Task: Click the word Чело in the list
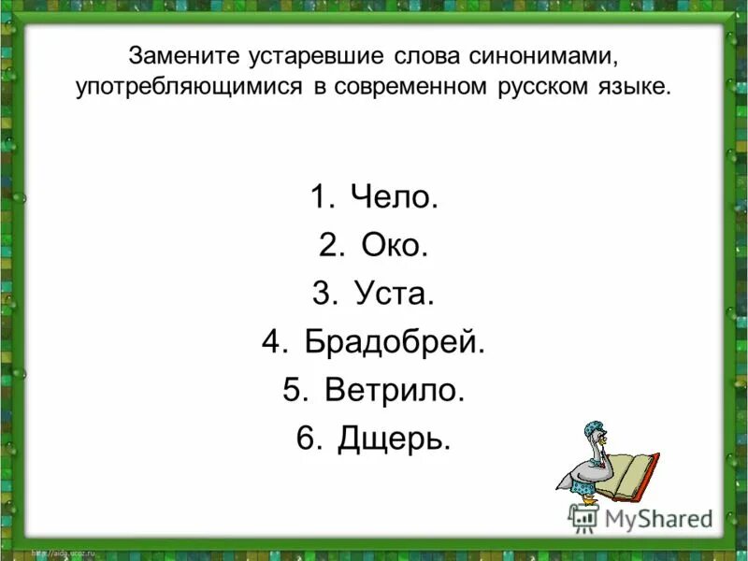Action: (x=394, y=197)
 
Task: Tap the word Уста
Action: (x=395, y=295)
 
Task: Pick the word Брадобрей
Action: (x=396, y=342)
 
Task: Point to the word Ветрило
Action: (x=395, y=391)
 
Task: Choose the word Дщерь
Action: (x=394, y=439)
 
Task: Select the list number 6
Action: (x=309, y=439)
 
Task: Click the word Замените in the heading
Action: (x=184, y=57)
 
